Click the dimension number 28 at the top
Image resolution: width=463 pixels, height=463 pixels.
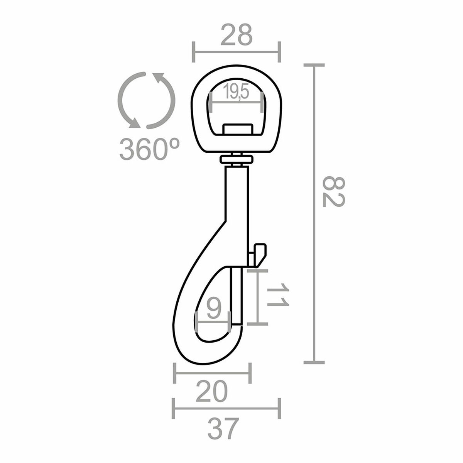(237, 34)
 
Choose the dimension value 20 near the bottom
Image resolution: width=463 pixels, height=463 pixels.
(211, 393)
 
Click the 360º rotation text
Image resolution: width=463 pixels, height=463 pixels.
(149, 149)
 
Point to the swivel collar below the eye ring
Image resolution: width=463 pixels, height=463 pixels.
(236, 159)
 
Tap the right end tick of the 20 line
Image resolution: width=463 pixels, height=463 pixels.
(251, 373)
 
